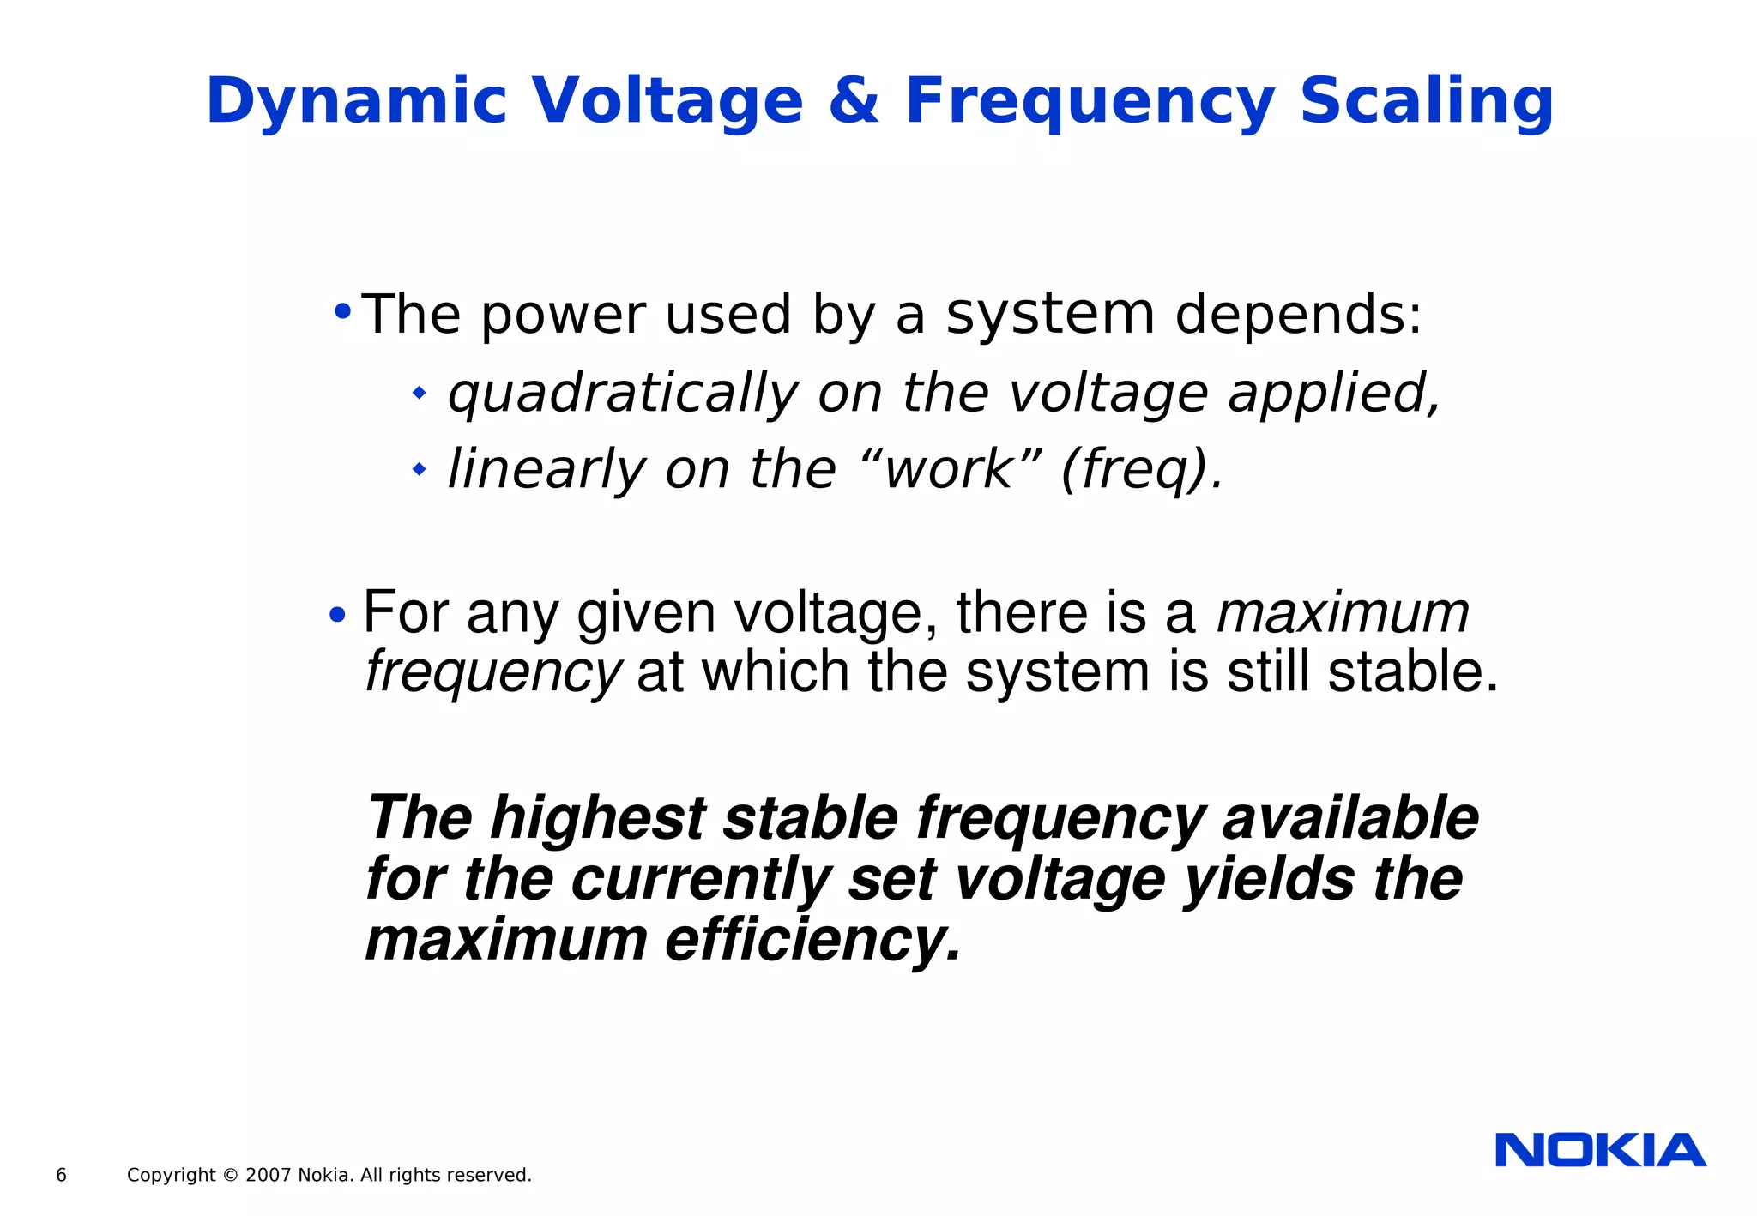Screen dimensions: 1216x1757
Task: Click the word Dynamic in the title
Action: tap(356, 103)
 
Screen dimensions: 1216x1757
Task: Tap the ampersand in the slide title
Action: tap(853, 101)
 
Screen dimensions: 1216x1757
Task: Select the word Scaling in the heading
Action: tap(1426, 103)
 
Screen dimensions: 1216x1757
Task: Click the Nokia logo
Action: tap(1600, 1151)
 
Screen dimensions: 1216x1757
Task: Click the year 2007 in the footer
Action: tap(268, 1176)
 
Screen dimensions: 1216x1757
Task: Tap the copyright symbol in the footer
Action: tap(230, 1176)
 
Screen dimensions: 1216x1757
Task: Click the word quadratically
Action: tap(621, 394)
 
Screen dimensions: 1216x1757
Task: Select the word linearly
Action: tap(546, 470)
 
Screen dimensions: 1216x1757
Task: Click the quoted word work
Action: tap(949, 470)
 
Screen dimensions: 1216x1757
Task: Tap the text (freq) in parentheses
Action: tap(1132, 470)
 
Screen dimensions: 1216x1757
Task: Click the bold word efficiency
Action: tap(812, 941)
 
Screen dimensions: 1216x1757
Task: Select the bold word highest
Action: tap(597, 818)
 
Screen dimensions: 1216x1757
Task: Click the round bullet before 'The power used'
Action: tap(342, 310)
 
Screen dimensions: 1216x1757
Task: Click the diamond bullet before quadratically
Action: tap(419, 394)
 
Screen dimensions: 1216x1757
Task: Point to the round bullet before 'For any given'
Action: tap(337, 615)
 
